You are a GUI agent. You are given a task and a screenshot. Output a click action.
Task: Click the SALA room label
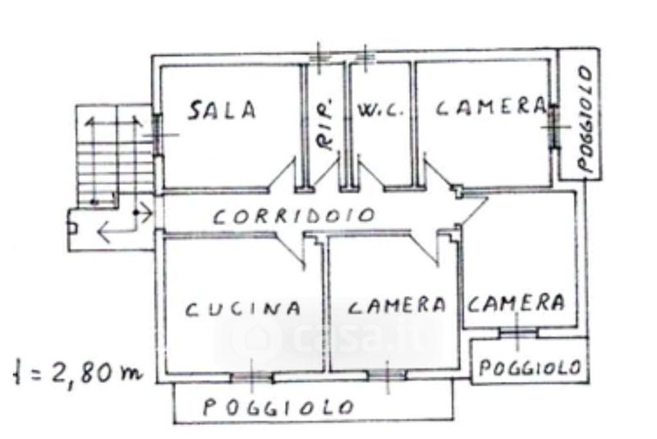222,109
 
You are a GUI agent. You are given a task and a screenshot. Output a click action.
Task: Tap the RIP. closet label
326,132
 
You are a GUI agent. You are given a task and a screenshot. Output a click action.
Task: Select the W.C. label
380,109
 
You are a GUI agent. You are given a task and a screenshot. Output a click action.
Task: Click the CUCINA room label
242,309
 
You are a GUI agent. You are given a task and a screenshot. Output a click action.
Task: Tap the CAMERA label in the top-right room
490,107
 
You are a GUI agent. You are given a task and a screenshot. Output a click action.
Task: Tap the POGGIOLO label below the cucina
279,406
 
